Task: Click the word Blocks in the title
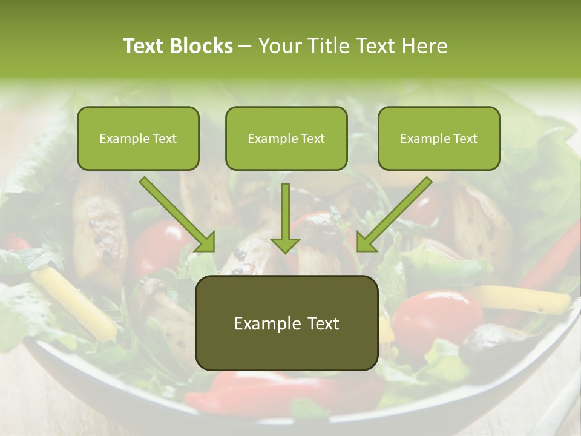201,46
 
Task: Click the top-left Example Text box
138,138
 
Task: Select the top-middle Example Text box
286,138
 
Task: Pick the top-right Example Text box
439,138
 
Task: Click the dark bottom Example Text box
286,323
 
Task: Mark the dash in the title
245,47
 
